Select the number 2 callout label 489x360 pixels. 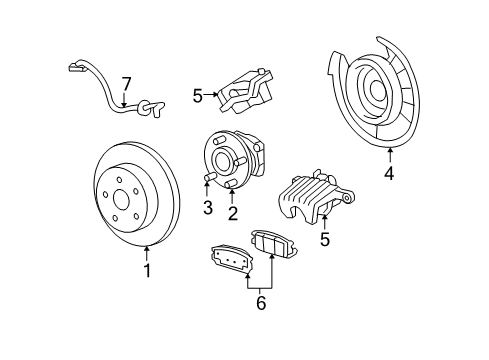click(232, 212)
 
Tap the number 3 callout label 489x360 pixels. click(208, 207)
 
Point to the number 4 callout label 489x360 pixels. click(390, 174)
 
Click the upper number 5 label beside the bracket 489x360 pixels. click(198, 95)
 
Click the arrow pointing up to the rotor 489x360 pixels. click(147, 253)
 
